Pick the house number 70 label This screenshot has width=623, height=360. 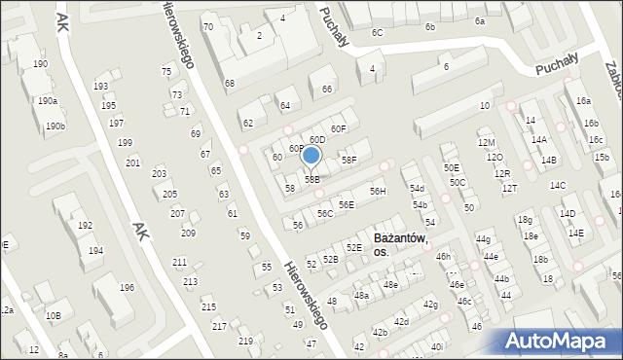pyautogui.click(x=207, y=26)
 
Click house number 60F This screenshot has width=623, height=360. pyautogui.click(x=338, y=128)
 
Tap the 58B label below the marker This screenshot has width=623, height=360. pyautogui.click(x=311, y=179)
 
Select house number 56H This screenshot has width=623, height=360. pyautogui.click(x=377, y=192)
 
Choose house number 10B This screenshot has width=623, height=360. pyautogui.click(x=54, y=315)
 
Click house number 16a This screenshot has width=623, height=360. pyautogui.click(x=582, y=101)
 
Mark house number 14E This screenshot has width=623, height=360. pyautogui.click(x=575, y=233)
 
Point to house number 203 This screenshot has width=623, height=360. pyautogui.click(x=159, y=173)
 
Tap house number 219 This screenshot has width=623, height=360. pyautogui.click(x=244, y=341)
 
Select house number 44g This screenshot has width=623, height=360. pyautogui.click(x=483, y=238)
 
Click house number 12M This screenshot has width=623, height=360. pyautogui.click(x=486, y=142)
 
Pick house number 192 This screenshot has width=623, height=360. pyautogui.click(x=85, y=226)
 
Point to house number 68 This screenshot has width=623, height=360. pyautogui.click(x=229, y=84)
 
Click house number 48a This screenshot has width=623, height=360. pyautogui.click(x=361, y=295)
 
